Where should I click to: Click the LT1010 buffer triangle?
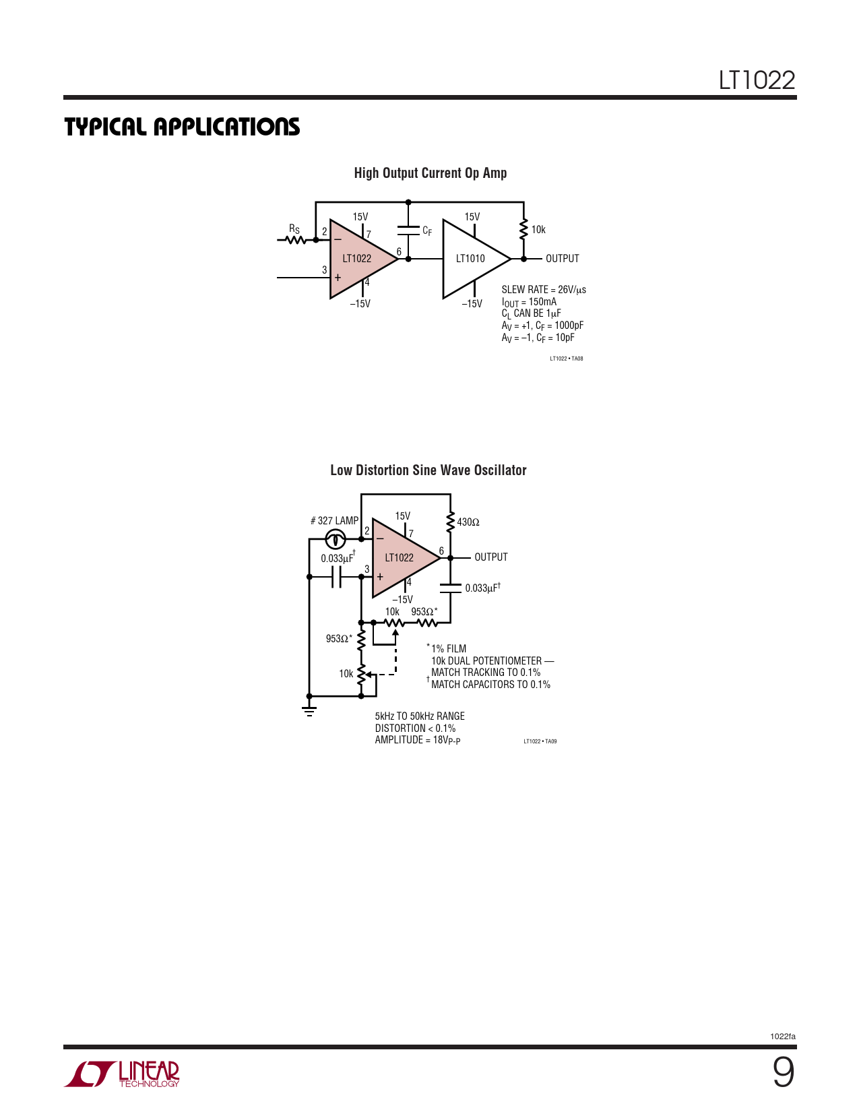point(476,259)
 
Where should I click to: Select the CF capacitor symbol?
point(408,230)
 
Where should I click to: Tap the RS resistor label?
point(294,228)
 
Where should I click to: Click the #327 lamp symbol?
point(336,539)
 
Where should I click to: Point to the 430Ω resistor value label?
point(468,522)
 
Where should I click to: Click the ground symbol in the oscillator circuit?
point(309,711)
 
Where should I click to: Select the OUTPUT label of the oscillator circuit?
point(491,557)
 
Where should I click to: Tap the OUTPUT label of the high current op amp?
point(563,258)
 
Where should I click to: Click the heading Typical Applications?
point(182,127)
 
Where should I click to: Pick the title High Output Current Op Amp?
point(431,173)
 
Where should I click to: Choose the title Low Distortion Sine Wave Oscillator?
point(428,470)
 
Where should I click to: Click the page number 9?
point(783,1073)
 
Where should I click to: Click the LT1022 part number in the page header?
point(757,80)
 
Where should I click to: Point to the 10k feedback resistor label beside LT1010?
point(538,230)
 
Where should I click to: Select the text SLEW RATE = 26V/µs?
point(544,290)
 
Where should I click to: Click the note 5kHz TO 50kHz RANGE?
point(420,716)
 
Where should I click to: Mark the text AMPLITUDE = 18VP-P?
point(418,740)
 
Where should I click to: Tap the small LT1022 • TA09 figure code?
point(540,741)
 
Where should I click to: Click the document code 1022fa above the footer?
point(783,1037)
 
